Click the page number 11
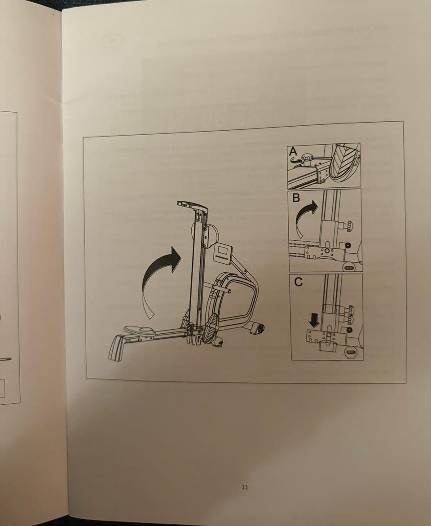pyautogui.click(x=245, y=487)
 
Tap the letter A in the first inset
pyautogui.click(x=293, y=152)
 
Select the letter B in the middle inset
pyautogui.click(x=296, y=198)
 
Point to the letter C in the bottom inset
pyautogui.click(x=298, y=282)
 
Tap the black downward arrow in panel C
pyautogui.click(x=314, y=320)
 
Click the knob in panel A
pyautogui.click(x=307, y=158)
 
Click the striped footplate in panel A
pyautogui.click(x=344, y=160)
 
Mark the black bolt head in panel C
pyautogui.click(x=350, y=331)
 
